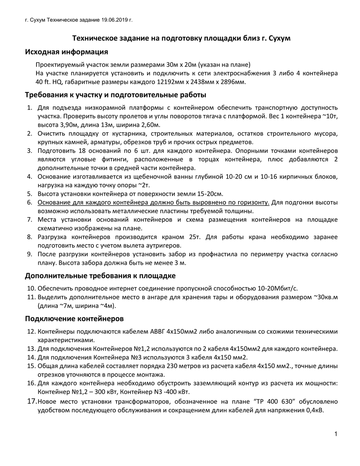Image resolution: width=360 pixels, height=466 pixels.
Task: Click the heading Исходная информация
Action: (x=66, y=52)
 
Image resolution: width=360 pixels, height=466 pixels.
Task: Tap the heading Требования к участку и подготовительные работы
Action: (x=115, y=95)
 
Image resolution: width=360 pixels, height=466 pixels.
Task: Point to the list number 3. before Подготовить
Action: (x=30, y=151)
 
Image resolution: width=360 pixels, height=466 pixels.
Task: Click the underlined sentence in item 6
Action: (x=153, y=203)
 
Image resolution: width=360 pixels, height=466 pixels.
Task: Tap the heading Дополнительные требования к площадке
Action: (x=100, y=276)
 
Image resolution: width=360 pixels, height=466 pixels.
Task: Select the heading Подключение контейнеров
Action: (x=74, y=319)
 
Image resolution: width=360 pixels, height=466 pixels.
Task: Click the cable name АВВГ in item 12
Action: (x=157, y=332)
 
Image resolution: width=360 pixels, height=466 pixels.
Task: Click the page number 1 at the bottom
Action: (x=335, y=434)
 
